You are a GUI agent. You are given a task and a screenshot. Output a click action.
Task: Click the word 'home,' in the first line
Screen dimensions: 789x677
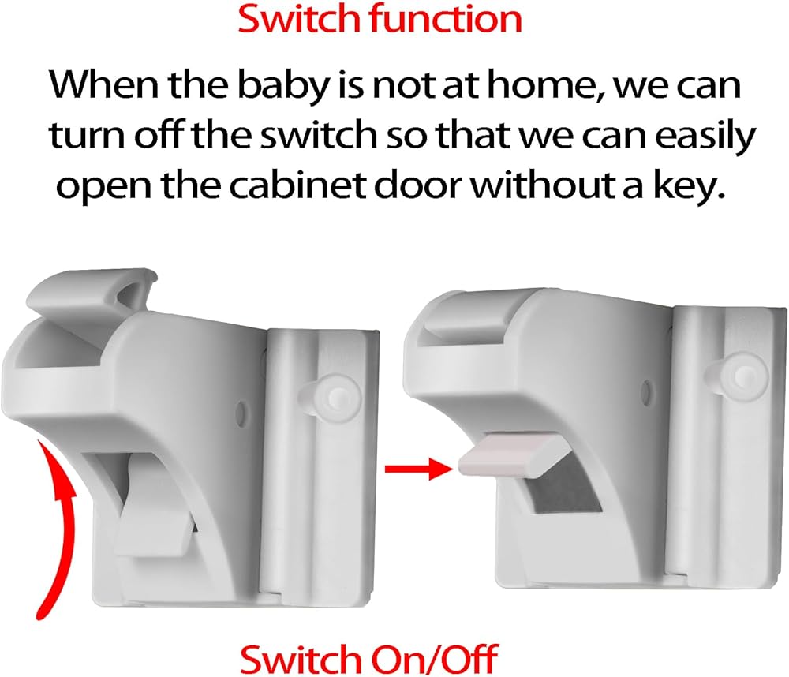click(x=544, y=85)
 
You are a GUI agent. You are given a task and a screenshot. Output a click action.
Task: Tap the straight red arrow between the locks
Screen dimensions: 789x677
click(x=417, y=469)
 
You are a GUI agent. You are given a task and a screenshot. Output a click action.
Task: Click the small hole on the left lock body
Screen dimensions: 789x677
click(x=241, y=413)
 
